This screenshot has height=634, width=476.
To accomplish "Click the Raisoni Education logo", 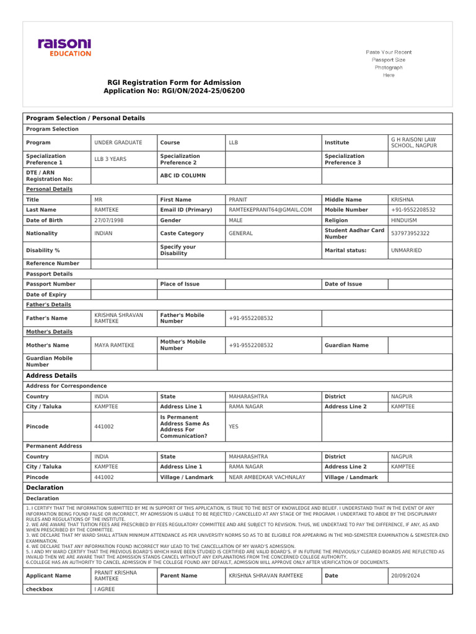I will (64, 47).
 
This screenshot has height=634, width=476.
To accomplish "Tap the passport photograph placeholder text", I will (389, 64).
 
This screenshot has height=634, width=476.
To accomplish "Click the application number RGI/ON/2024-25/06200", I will (174, 91).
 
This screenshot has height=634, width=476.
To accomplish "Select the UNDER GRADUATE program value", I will (118, 142).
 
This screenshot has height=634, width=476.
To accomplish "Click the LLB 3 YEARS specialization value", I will (110, 159).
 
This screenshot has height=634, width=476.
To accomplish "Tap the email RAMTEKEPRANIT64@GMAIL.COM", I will (270, 210).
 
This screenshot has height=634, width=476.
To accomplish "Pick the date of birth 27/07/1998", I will (107, 220).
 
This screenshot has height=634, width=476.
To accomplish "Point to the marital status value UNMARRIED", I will (407, 250).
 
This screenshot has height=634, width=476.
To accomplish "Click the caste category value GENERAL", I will (240, 233).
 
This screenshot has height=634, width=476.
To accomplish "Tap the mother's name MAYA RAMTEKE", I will (114, 345).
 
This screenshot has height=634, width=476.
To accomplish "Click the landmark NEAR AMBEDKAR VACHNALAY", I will (268, 477).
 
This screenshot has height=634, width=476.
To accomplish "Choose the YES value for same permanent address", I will (234, 427).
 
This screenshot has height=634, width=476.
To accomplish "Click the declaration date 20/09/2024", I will (405, 576).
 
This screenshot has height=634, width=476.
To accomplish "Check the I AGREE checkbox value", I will (105, 589).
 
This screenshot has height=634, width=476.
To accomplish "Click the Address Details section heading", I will (51, 376).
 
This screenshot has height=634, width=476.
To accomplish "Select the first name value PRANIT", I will (238, 200).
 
